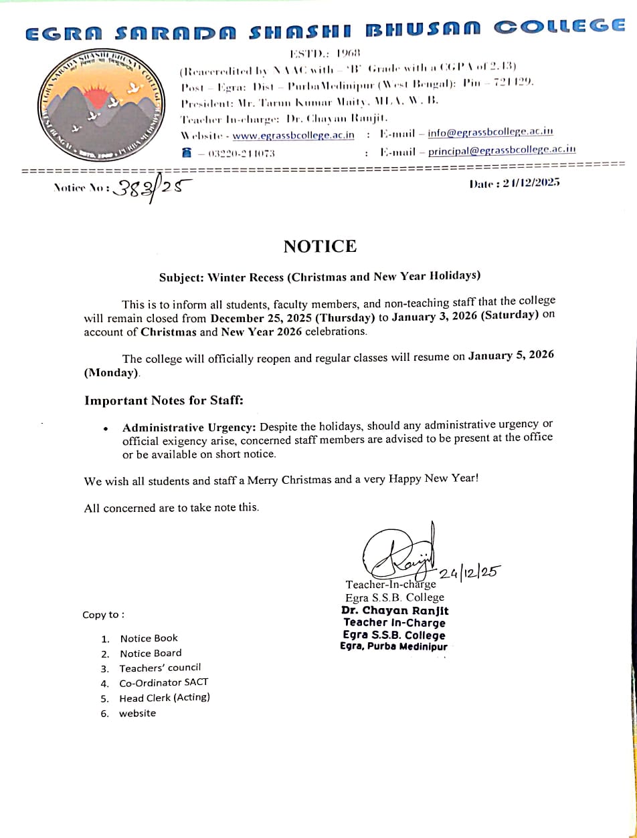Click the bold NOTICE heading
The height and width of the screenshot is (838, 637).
(320, 247)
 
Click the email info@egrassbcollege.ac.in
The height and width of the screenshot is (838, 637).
(490, 132)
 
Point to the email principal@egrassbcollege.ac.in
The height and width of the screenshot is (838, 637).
(502, 150)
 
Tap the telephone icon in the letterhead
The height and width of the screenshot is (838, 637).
(187, 153)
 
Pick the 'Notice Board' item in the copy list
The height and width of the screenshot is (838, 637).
(151, 653)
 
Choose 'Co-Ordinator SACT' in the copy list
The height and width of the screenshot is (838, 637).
(163, 682)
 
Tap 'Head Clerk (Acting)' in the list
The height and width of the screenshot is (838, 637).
(165, 698)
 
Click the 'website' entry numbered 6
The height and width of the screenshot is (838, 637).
(137, 713)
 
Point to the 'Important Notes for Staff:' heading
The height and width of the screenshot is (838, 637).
(163, 401)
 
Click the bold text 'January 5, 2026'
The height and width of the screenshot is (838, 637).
(511, 356)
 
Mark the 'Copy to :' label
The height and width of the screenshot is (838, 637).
(103, 615)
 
